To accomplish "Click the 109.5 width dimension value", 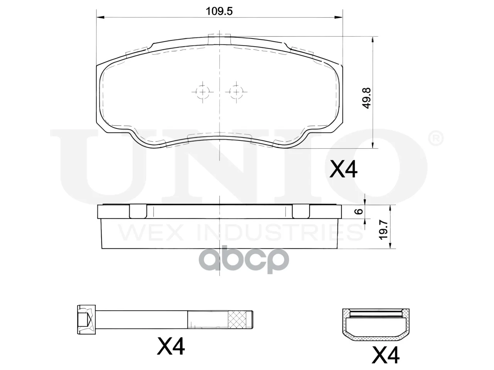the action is point(219,11).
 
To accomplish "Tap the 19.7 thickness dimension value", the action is point(384,230).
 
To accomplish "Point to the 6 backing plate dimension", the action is point(360,211).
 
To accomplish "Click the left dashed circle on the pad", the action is point(203,92).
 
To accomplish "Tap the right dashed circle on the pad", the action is point(236,92).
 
